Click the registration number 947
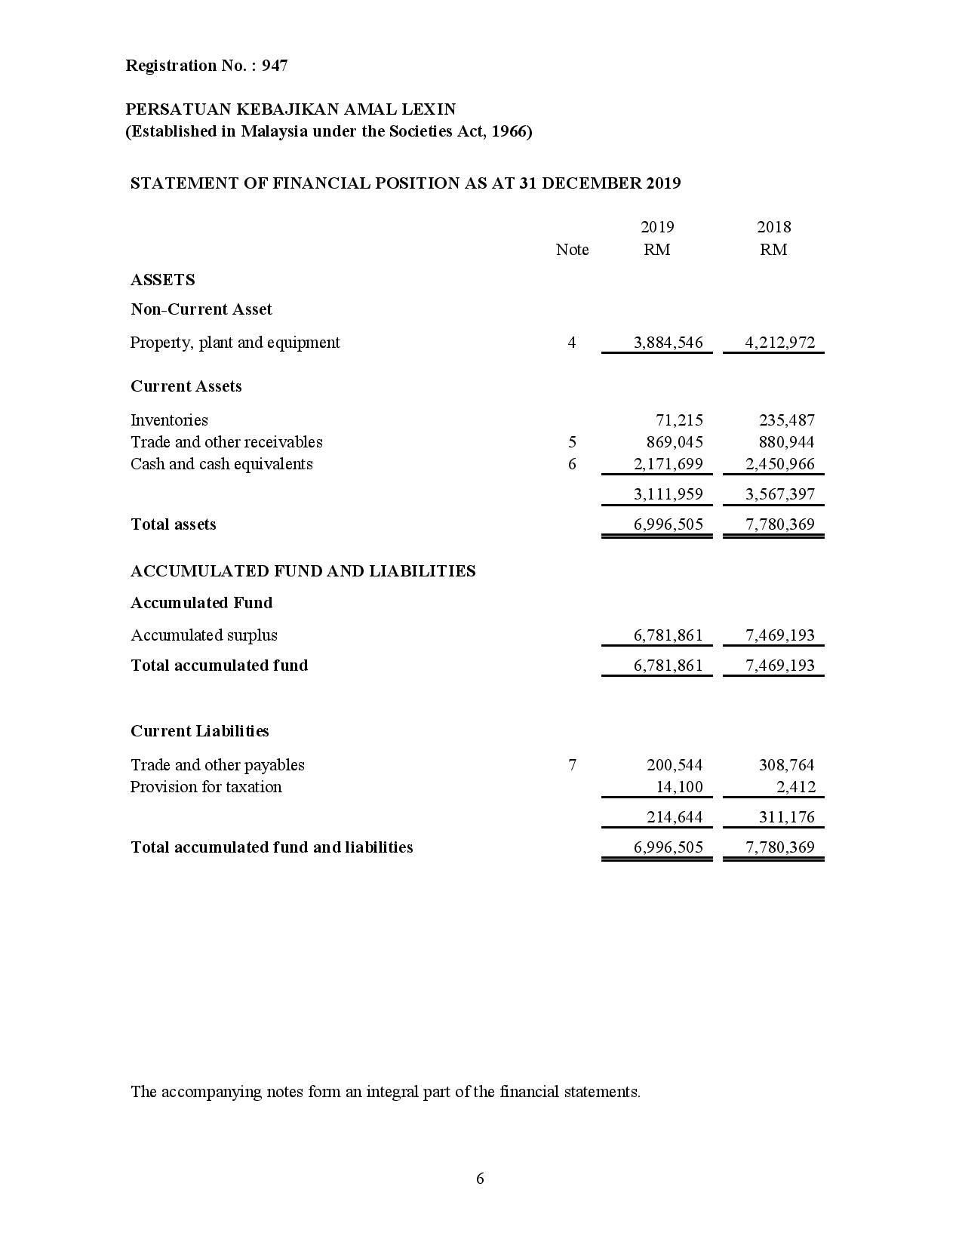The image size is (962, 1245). click(275, 66)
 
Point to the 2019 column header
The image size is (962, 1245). click(657, 227)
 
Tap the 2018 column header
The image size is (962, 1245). click(773, 227)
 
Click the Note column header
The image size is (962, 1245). click(572, 250)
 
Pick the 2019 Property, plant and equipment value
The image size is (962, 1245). click(668, 343)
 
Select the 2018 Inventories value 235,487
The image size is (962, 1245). click(786, 420)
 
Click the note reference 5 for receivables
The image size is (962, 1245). click(572, 442)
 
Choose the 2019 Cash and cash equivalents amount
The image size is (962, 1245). click(668, 464)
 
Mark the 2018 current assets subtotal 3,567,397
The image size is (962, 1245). click(780, 494)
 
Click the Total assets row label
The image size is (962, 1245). click(174, 524)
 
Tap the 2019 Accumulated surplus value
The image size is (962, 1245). click(668, 635)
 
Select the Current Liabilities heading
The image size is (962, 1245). click(200, 731)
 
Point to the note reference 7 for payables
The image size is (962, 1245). click(572, 765)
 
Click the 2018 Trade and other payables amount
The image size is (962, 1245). click(786, 765)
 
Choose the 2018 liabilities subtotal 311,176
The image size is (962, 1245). click(786, 817)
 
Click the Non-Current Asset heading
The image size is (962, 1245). click(201, 309)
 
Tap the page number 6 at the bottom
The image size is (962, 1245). click(481, 1179)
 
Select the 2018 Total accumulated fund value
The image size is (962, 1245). click(780, 666)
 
